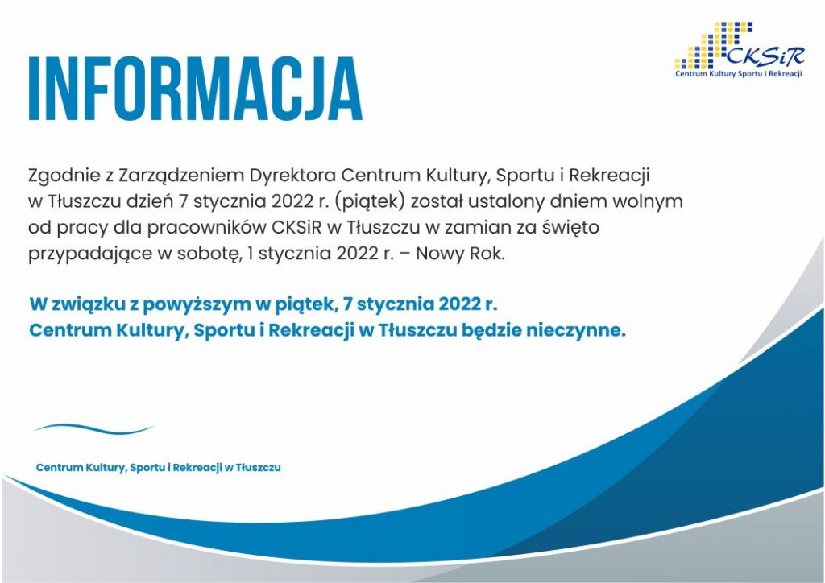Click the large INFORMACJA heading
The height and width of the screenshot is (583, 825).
tap(195, 89)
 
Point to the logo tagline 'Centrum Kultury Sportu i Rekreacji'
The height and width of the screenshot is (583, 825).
tap(738, 73)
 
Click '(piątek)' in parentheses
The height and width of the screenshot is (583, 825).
tap(368, 202)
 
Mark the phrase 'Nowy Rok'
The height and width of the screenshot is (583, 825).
tap(460, 254)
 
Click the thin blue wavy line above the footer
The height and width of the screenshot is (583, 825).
tap(93, 429)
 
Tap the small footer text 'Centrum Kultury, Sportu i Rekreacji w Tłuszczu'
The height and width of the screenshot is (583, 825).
tap(159, 468)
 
